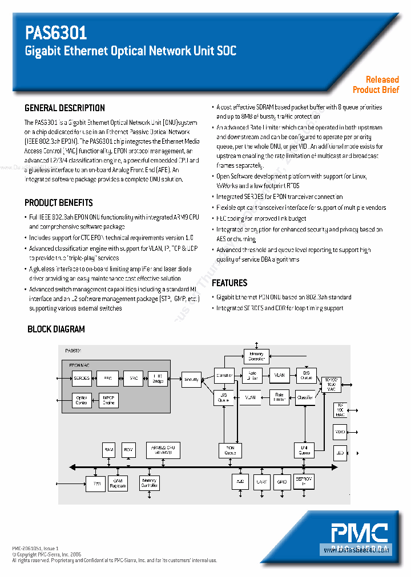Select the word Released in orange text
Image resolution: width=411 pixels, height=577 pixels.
(382, 80)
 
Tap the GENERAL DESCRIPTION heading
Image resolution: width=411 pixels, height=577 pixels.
(65, 108)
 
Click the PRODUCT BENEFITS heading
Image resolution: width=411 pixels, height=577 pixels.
(58, 202)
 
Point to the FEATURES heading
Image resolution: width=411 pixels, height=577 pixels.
(229, 283)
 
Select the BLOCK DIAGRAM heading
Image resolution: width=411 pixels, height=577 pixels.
(56, 329)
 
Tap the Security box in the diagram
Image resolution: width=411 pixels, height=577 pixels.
(191, 379)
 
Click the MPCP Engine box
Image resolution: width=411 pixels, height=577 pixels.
(107, 400)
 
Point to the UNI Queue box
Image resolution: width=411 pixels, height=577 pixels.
(304, 450)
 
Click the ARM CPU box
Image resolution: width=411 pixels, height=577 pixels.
(163, 450)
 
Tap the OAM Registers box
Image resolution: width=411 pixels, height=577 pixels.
(118, 483)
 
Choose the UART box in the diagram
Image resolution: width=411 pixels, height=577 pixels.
(261, 482)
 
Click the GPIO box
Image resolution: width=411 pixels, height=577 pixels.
(281, 482)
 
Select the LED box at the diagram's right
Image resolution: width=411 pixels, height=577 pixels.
(340, 453)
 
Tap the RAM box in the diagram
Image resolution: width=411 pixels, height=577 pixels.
(109, 450)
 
